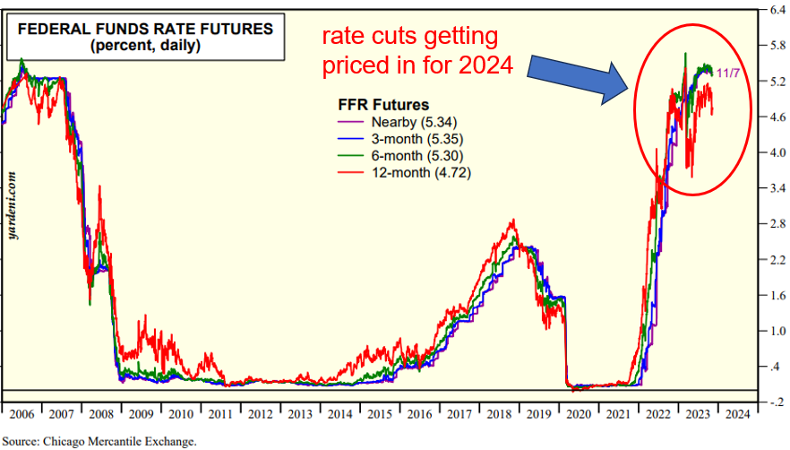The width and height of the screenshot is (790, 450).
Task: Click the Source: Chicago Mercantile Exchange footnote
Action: [99, 441]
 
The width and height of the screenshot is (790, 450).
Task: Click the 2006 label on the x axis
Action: [22, 414]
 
